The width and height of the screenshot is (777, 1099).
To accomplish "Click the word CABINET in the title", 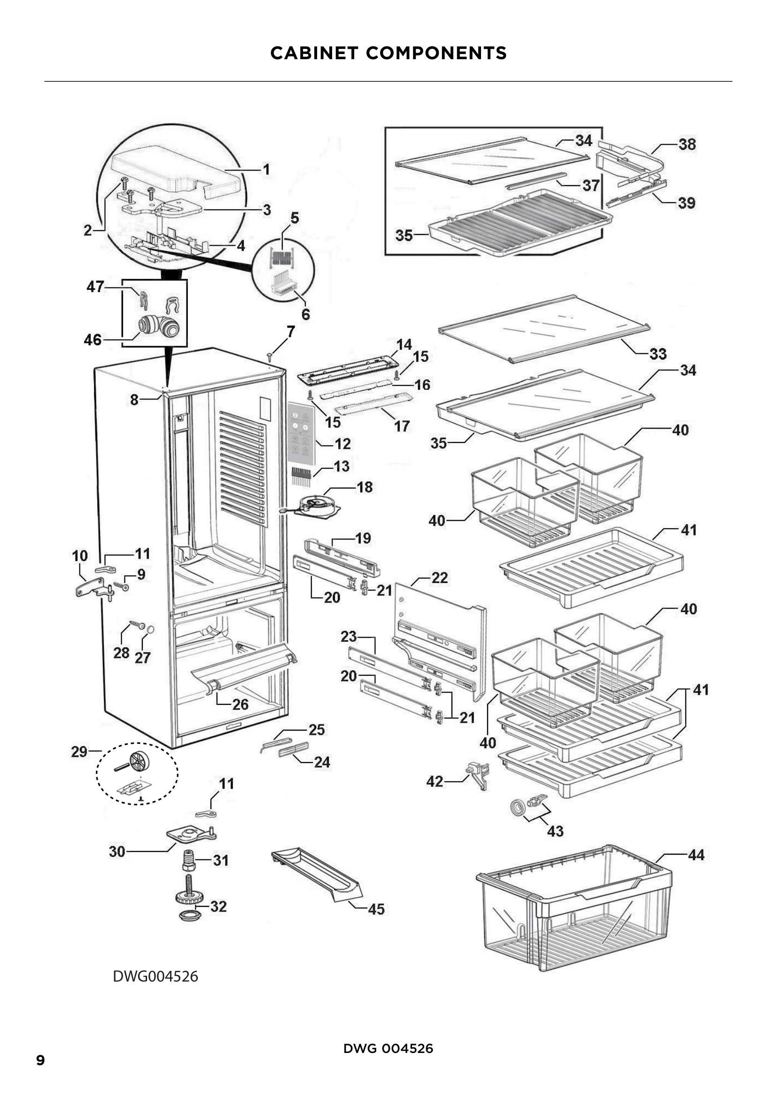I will [x=314, y=53].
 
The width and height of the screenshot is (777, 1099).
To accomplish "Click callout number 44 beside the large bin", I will [x=696, y=854].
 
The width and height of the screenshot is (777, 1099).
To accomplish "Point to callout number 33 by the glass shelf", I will [x=658, y=354].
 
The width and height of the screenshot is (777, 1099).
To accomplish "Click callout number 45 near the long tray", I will [x=376, y=909].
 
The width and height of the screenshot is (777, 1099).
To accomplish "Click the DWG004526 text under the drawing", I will [x=155, y=976].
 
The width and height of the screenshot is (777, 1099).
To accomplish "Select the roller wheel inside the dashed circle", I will [x=140, y=761].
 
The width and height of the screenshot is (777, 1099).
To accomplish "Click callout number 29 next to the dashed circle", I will [x=79, y=751].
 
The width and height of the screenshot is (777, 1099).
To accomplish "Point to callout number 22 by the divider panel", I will [x=439, y=578].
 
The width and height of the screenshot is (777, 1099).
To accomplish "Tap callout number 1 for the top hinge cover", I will [x=266, y=170].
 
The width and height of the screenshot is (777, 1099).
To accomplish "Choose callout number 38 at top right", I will [x=687, y=144].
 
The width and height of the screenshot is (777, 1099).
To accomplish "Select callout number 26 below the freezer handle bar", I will [x=240, y=704].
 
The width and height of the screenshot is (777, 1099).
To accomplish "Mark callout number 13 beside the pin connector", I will [x=341, y=466].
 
